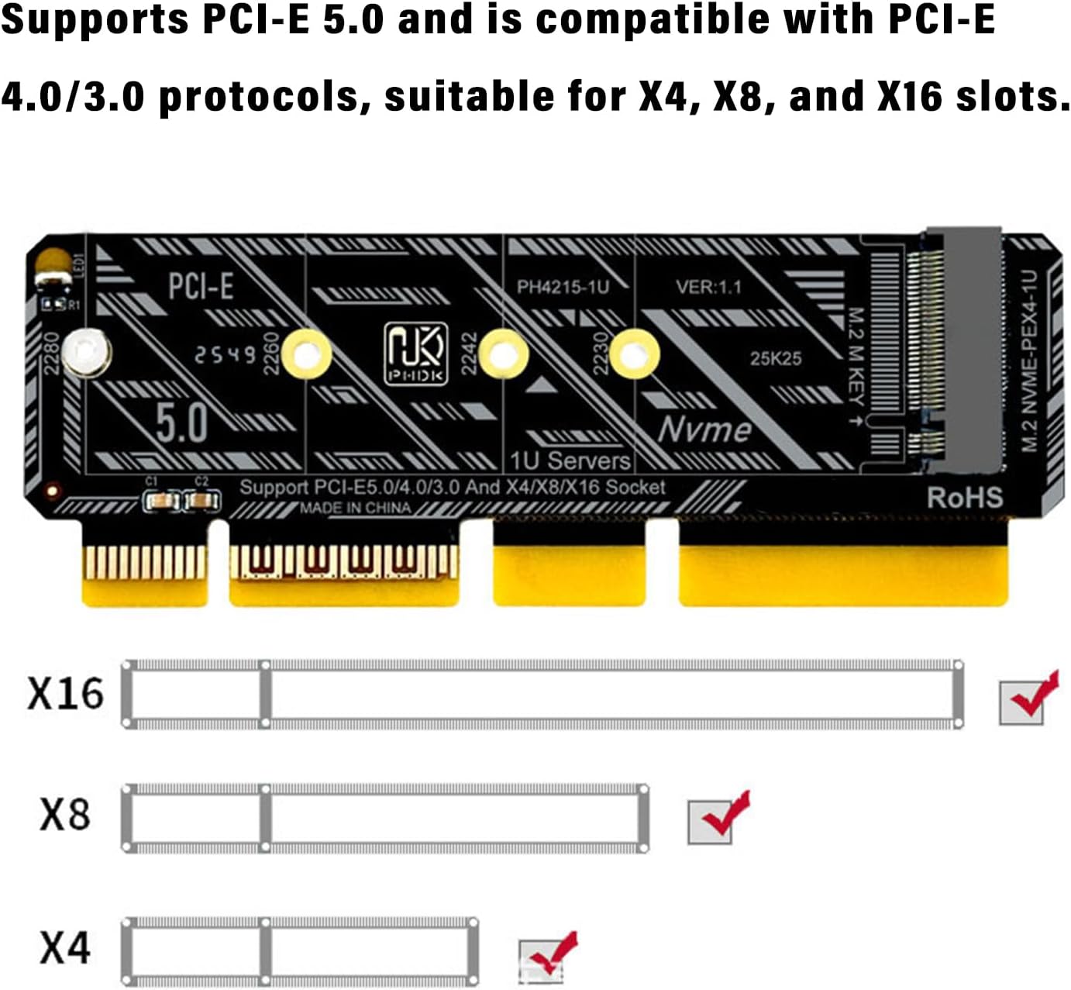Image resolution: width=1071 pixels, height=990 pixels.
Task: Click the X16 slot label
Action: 65,693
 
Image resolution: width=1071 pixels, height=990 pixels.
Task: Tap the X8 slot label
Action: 65,815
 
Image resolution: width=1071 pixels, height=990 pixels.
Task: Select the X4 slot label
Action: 65,947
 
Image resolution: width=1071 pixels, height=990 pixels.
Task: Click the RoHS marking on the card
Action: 965,498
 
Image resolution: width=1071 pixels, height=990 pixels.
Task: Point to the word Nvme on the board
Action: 704,429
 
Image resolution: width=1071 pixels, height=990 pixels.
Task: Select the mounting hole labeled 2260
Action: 306,354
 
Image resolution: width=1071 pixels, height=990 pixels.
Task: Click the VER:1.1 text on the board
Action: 708,287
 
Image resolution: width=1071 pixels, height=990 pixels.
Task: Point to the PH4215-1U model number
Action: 563,287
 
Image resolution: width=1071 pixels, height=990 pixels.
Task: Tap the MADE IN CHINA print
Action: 356,509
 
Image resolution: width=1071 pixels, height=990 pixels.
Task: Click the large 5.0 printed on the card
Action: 181,423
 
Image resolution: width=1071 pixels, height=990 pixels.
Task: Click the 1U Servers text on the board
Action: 570,461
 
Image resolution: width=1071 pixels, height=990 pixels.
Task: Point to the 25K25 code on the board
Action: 775,358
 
